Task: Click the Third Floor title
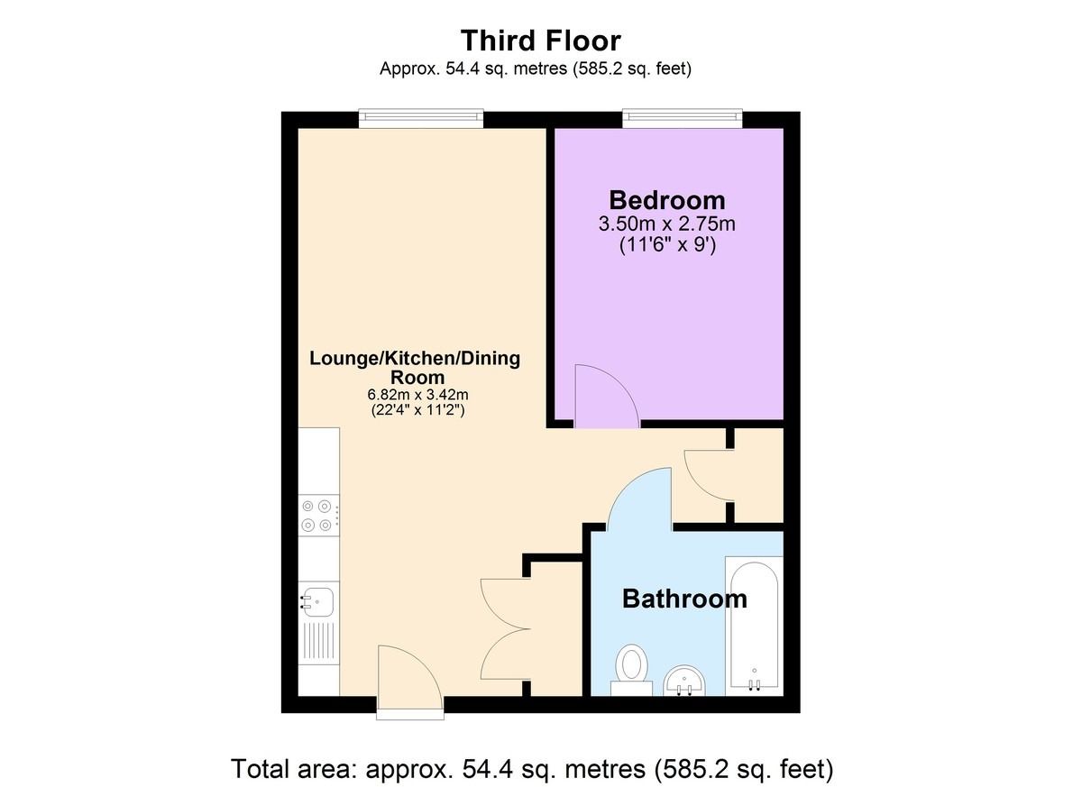tap(540, 41)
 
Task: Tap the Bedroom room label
tap(667, 200)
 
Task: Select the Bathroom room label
tap(684, 599)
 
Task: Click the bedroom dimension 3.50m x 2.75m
tap(667, 224)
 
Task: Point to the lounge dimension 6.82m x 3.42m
tap(417, 395)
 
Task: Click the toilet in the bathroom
tap(632, 670)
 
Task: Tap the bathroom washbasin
tap(685, 682)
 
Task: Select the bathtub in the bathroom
tap(754, 626)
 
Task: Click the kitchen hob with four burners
tap(319, 515)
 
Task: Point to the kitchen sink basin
tap(316, 602)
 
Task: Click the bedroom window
tap(683, 118)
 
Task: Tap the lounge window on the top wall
tap(421, 118)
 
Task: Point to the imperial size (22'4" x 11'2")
tap(417, 410)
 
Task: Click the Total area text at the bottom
tap(532, 769)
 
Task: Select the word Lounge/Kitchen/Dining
tap(415, 359)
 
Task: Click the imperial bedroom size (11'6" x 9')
tap(667, 245)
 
